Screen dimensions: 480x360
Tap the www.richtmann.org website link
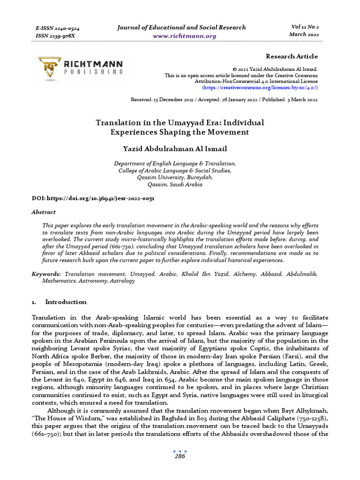181,36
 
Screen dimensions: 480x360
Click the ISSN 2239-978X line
55,36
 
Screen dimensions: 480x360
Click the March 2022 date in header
304,34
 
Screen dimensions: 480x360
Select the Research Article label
292,56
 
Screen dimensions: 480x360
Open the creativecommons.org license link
260,88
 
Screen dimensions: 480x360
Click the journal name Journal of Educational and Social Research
181,27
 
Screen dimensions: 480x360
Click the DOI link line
93,198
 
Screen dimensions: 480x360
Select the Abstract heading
43,212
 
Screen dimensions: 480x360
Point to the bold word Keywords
46,273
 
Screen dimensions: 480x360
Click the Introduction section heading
66,302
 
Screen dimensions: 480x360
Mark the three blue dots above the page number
180,451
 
